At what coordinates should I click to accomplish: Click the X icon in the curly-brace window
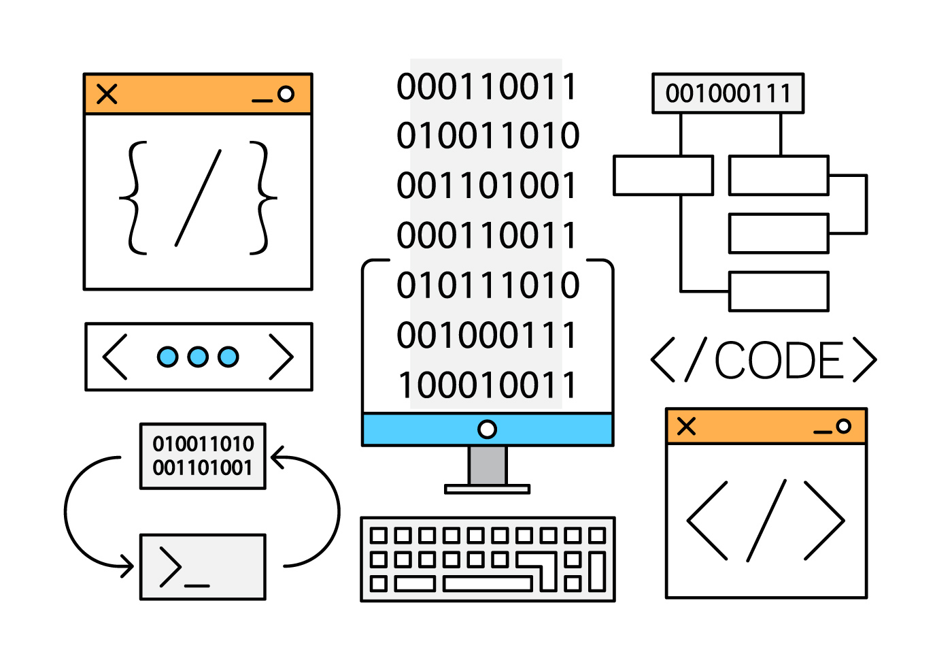(107, 94)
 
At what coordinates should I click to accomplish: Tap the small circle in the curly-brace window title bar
(286, 94)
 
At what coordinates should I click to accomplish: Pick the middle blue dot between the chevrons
(198, 357)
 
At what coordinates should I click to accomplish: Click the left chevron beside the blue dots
(115, 357)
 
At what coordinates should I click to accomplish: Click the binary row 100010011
(487, 385)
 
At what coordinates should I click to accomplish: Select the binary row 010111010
(487, 285)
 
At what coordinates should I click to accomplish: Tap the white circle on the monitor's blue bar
(487, 429)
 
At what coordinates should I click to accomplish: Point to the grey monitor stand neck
(488, 466)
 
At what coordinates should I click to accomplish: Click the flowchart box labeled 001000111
(728, 93)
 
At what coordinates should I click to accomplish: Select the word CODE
(779, 360)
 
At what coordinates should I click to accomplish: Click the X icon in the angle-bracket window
(687, 427)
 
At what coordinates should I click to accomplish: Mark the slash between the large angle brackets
(767, 521)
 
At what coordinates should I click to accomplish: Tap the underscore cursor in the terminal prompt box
(197, 585)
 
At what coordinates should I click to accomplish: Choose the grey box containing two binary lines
(203, 456)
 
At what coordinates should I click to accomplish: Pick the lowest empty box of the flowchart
(779, 291)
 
